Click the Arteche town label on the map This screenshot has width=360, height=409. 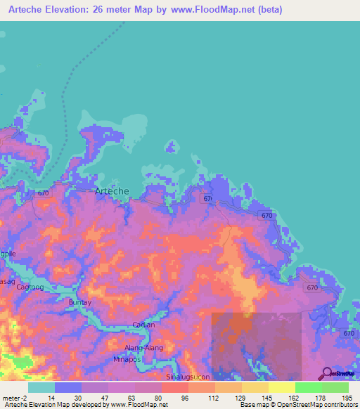coord(112,191)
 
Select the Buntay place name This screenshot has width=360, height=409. coord(79,302)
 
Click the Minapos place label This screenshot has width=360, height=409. coord(127,359)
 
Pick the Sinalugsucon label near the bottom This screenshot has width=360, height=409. coord(187,377)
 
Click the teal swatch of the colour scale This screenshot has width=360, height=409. coord(41,387)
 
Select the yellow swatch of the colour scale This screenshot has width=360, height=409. coord(281,387)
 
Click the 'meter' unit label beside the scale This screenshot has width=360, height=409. coord(13,398)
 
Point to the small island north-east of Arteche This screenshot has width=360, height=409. coord(169,146)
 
